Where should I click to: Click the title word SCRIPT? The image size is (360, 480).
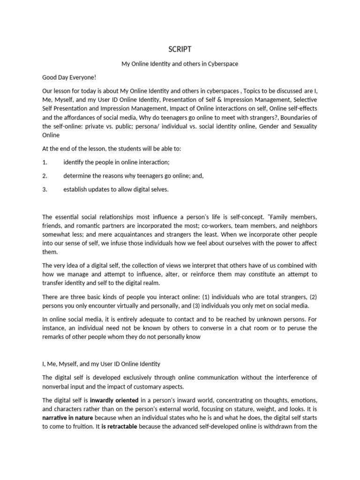(180, 49)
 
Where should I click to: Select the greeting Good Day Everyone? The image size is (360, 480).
(68, 77)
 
